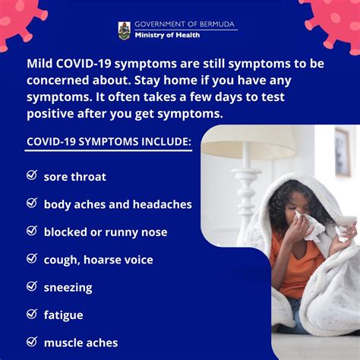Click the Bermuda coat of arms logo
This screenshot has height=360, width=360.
point(125,30)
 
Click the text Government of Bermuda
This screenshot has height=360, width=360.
point(185,24)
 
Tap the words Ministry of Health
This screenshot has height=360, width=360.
point(167,35)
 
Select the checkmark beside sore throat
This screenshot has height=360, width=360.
point(32,175)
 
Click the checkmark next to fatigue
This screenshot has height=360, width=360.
point(32,314)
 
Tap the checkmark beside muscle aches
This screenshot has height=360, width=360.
point(32,342)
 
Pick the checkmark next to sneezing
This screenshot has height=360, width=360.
point(32,286)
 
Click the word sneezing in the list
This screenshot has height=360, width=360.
point(68,288)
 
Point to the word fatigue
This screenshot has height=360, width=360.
point(64,315)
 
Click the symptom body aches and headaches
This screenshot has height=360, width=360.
point(118,204)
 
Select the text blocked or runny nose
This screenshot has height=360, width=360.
point(106,232)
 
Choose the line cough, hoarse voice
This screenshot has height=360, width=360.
point(99,260)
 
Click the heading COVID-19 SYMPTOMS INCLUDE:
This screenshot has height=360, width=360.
point(109,141)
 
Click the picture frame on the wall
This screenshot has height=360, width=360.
point(343,152)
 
